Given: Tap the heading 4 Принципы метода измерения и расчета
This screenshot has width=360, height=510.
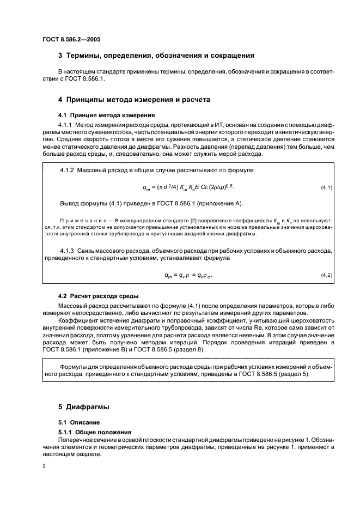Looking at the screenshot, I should tap(134, 100).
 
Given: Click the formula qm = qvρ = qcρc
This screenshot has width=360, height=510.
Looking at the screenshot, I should tap(188, 275).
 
